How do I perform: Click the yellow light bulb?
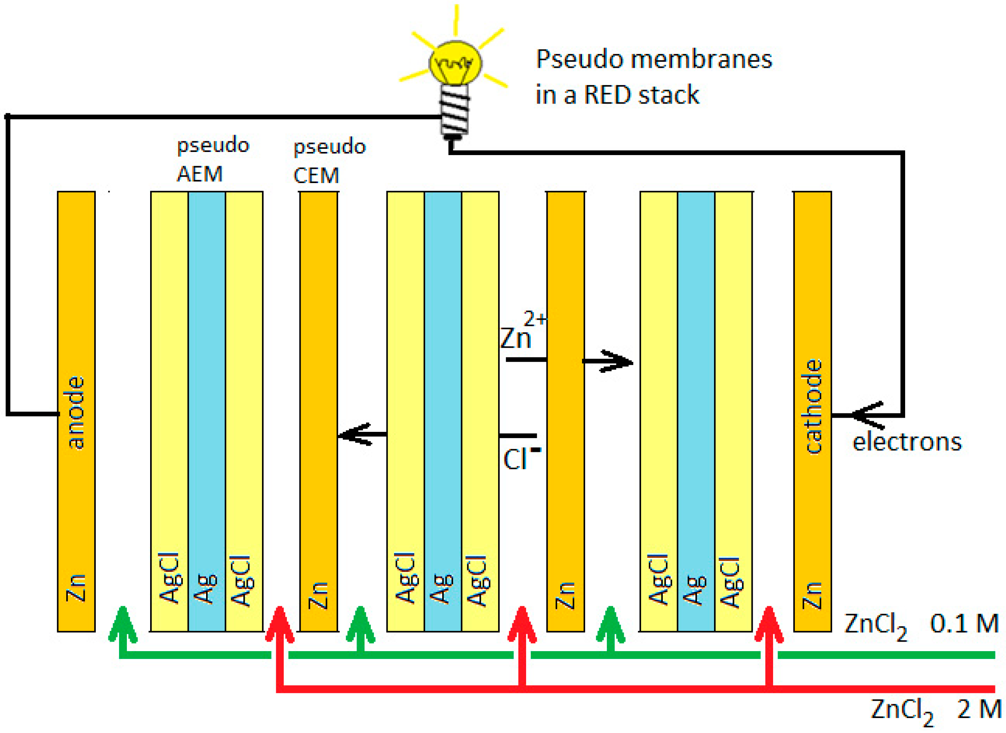tap(455, 62)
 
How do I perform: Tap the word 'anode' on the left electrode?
tap(76, 412)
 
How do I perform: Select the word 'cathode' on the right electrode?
tap(813, 406)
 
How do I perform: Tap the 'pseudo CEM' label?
tap(329, 161)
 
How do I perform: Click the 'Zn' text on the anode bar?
tap(76, 588)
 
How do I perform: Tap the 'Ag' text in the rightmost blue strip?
tap(695, 590)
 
